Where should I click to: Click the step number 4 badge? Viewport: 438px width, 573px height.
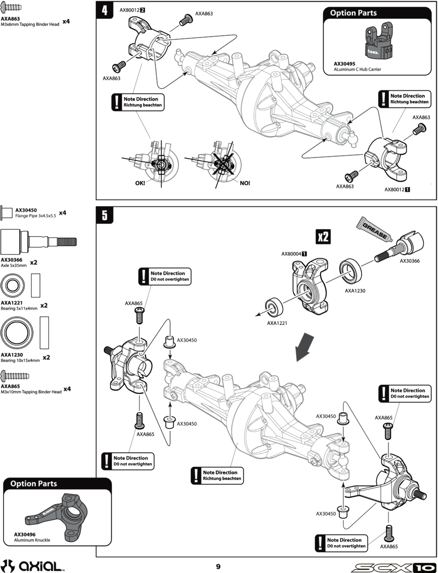[105, 11]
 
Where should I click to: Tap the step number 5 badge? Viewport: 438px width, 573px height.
[105, 215]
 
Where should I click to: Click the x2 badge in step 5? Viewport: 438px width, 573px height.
[323, 237]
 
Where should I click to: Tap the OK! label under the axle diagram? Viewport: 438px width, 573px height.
[140, 183]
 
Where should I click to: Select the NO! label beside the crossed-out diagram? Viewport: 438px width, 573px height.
[245, 183]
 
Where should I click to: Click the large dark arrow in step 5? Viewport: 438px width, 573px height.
[305, 348]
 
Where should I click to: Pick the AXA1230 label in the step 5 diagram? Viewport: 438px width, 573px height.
[355, 291]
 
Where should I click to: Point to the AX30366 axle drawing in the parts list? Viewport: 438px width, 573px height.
[39, 242]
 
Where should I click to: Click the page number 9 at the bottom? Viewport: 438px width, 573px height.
[218, 567]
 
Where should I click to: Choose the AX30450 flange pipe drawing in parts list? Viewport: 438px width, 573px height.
[6, 213]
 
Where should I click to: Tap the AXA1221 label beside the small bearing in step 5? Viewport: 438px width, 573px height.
[277, 323]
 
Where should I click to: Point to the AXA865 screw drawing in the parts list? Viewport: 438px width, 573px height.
[15, 376]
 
